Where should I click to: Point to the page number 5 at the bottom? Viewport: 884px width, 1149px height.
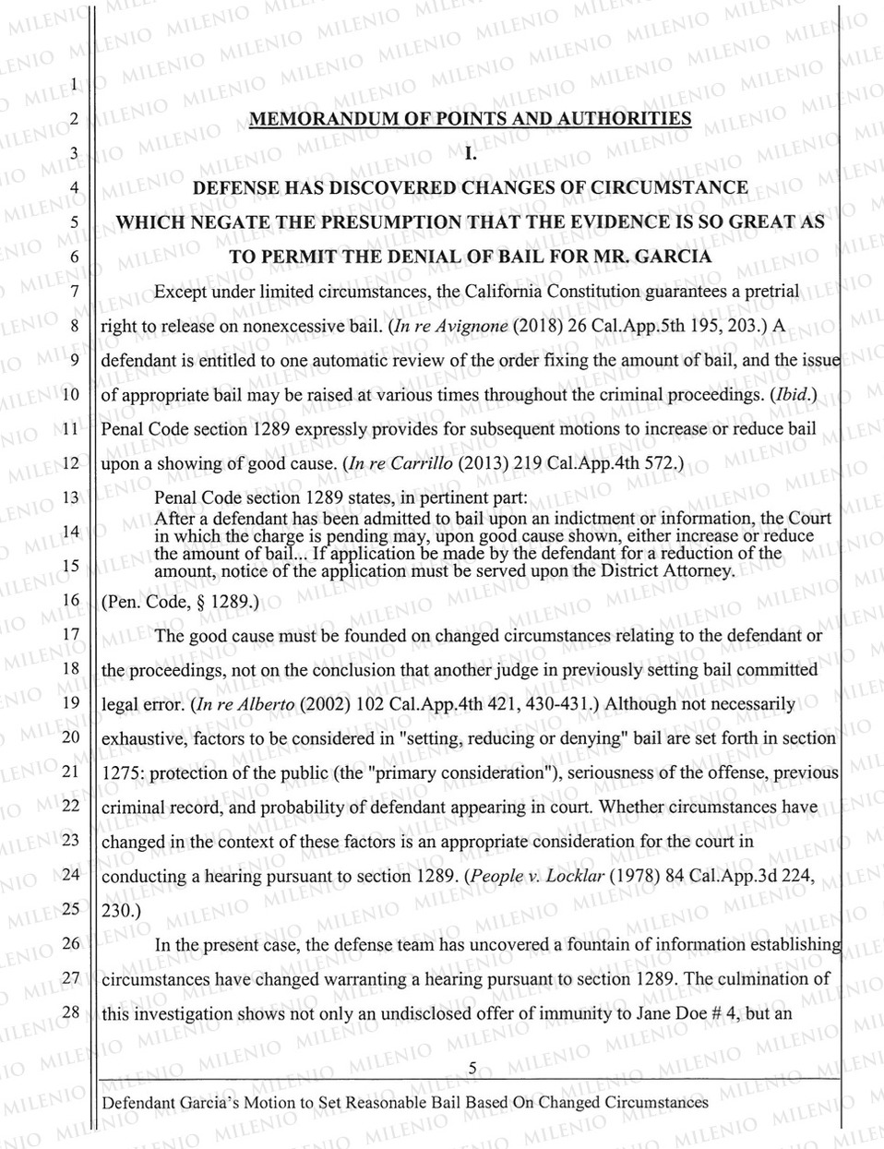point(472,1069)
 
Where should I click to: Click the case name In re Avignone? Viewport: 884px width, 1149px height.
point(438,326)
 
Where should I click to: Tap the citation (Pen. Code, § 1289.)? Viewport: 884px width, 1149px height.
point(182,603)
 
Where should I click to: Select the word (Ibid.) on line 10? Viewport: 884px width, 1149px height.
point(794,395)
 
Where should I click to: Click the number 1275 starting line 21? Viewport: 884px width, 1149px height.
point(120,772)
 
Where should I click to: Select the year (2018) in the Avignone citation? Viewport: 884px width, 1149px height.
point(527,326)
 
